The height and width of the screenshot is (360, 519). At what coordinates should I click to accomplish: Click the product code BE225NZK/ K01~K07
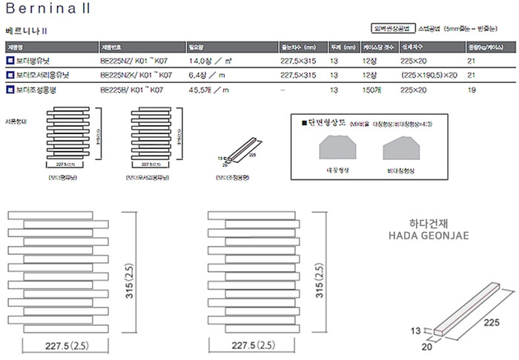pos(135,76)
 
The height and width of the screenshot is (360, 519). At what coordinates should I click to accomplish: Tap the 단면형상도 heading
pos(322,121)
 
